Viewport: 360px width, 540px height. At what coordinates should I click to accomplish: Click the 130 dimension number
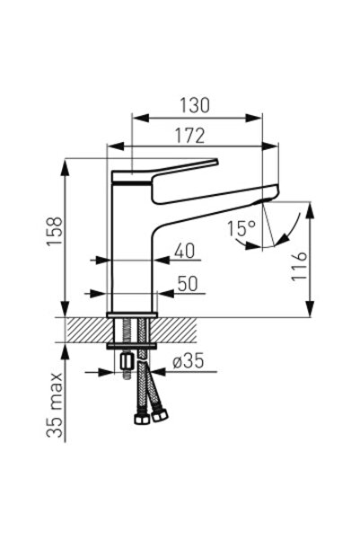[x=194, y=105]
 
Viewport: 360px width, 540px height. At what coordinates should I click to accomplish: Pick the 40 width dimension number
[x=185, y=251]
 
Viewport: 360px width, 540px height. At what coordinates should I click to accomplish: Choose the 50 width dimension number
[x=187, y=282]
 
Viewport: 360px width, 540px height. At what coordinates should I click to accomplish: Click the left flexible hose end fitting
[x=143, y=419]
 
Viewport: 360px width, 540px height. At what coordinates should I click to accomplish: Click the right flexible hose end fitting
[x=162, y=417]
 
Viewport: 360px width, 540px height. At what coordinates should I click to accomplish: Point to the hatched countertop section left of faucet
[x=85, y=330]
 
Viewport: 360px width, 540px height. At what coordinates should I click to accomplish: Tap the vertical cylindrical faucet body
[x=131, y=243]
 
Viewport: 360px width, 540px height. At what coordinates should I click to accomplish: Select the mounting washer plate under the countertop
[x=132, y=346]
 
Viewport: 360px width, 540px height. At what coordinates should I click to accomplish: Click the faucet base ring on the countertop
[x=132, y=314]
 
